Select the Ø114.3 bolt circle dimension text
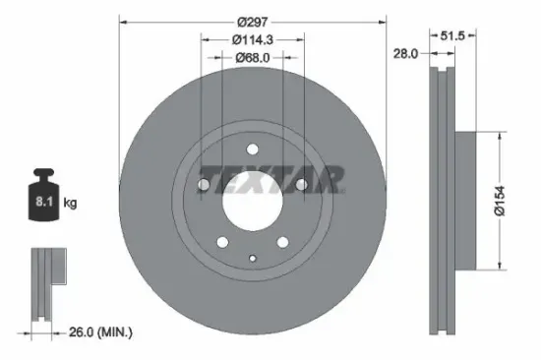coord(252,38)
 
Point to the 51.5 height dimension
coord(451,35)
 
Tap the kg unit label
coord(71,205)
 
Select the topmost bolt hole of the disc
coord(253,150)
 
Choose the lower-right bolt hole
coord(281,240)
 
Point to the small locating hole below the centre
coord(253,259)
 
